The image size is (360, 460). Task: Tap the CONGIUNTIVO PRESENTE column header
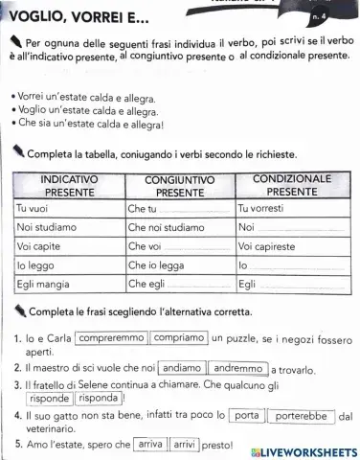coord(179,186)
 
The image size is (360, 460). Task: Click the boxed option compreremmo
coord(111,338)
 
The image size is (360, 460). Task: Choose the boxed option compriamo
coord(179,338)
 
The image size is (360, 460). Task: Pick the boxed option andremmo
coord(238,367)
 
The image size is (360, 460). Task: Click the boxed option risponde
coord(49,398)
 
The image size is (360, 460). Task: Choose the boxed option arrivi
coord(186,445)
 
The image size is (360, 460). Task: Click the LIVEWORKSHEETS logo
coord(303,451)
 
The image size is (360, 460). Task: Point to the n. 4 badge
coord(341,16)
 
